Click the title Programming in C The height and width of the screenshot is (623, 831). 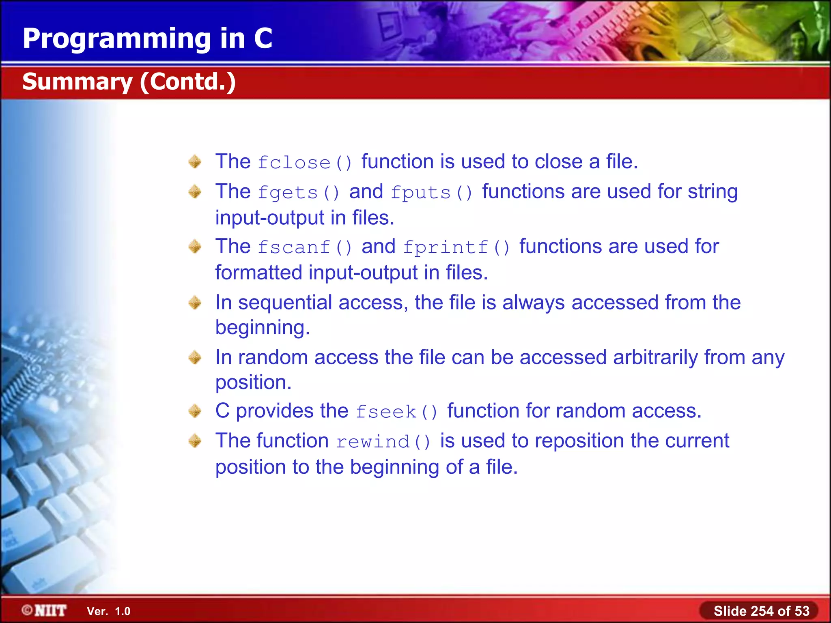point(147,39)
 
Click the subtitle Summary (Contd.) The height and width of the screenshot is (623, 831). point(129,82)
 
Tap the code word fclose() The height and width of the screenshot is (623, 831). point(305,163)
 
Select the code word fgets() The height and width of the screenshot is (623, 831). point(299,193)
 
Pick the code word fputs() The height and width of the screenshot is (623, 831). point(432,193)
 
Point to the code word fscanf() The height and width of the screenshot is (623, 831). point(305,247)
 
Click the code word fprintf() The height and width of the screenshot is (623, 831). point(456,247)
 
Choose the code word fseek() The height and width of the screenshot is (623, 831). point(397,412)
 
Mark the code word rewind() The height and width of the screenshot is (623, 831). point(383,442)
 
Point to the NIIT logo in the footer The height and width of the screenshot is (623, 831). point(44,610)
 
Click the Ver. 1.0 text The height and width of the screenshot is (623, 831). point(108,611)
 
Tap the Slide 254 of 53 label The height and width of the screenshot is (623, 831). point(761,611)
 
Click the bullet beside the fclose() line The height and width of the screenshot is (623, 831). point(195,162)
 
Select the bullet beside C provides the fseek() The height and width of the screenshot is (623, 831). point(195,411)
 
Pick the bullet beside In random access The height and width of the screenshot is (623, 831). point(195,357)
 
